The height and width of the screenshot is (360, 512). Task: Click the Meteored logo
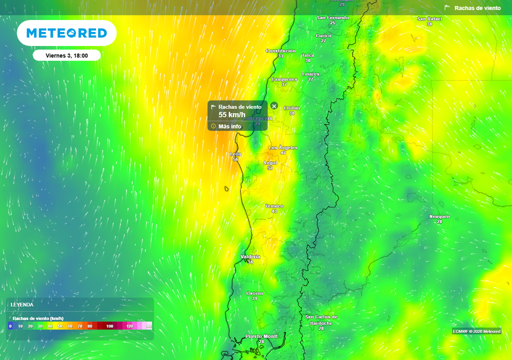pyautogui.click(x=66, y=33)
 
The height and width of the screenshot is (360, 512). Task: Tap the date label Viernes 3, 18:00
pyautogui.click(x=66, y=55)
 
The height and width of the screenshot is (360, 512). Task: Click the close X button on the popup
pyautogui.click(x=274, y=105)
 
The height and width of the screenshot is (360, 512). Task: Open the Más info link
pyautogui.click(x=229, y=126)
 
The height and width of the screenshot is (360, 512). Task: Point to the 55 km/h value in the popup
pyautogui.click(x=232, y=115)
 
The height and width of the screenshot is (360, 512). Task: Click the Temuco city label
pyautogui.click(x=274, y=206)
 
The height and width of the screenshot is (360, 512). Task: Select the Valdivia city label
pyautogui.click(x=250, y=256)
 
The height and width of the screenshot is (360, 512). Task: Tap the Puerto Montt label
pyautogui.click(x=261, y=336)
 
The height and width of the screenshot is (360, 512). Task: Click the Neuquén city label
pyautogui.click(x=439, y=216)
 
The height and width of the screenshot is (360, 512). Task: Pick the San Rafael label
pyautogui.click(x=429, y=19)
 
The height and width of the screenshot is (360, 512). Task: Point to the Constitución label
pyautogui.click(x=280, y=51)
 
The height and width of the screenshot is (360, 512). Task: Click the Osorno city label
pyautogui.click(x=254, y=293)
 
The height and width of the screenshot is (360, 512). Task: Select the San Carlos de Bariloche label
pyautogui.click(x=321, y=320)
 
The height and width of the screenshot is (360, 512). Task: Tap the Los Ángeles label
pyautogui.click(x=283, y=147)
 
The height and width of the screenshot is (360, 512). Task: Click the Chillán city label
pyautogui.click(x=291, y=108)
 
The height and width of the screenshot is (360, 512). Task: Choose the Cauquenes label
pyautogui.click(x=284, y=79)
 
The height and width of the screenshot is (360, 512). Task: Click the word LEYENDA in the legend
pyautogui.click(x=22, y=304)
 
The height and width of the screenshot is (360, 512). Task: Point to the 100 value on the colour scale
pyautogui.click(x=109, y=326)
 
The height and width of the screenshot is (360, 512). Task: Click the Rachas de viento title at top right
pyautogui.click(x=477, y=8)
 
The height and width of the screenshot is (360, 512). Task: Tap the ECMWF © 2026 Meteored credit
pyautogui.click(x=476, y=331)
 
